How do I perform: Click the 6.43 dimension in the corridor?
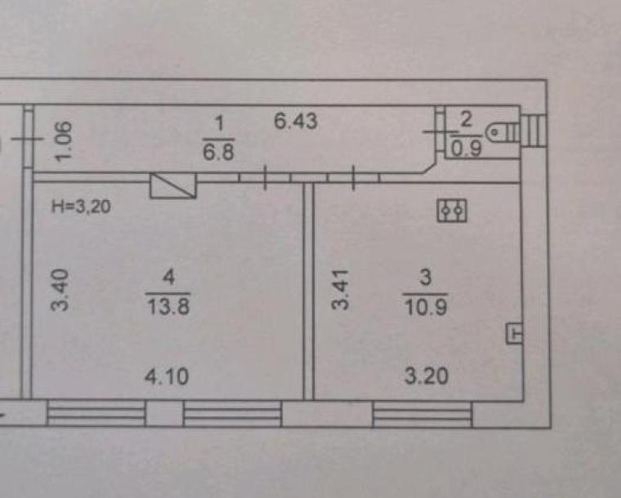(x=296, y=121)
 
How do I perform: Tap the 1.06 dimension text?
(x=64, y=141)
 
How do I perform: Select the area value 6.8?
(x=218, y=152)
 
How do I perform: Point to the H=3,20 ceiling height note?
(x=81, y=207)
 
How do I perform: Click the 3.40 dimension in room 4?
(x=60, y=290)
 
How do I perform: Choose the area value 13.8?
(x=168, y=306)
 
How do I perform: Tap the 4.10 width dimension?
(x=167, y=376)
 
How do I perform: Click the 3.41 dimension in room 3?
(x=341, y=289)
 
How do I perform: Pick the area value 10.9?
(x=426, y=307)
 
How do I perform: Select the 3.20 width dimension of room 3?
(x=427, y=376)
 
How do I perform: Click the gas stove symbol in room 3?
(x=452, y=211)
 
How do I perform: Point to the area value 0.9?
(x=467, y=149)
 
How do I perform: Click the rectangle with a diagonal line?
(x=172, y=185)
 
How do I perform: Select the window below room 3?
(x=422, y=414)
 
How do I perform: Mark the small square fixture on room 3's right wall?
(x=515, y=333)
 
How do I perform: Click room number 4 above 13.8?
(x=168, y=277)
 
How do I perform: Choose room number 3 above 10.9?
(x=426, y=277)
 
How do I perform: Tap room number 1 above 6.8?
(x=218, y=124)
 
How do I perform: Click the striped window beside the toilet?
(x=534, y=131)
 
